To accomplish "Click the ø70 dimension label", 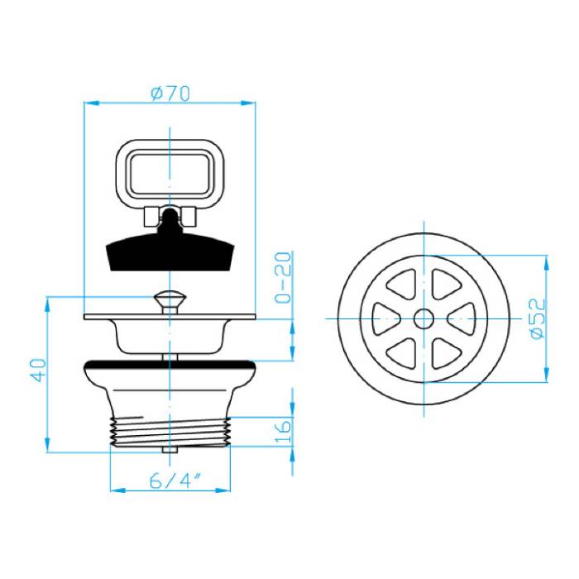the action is coord(170,93).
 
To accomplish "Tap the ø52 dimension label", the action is coord(538,318).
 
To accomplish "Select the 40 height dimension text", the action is coord(38,370).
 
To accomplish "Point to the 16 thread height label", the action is coord(283,431).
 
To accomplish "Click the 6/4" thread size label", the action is coord(175,481).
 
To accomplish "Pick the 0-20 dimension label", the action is coord(283,277).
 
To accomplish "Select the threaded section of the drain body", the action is coord(170,431).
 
